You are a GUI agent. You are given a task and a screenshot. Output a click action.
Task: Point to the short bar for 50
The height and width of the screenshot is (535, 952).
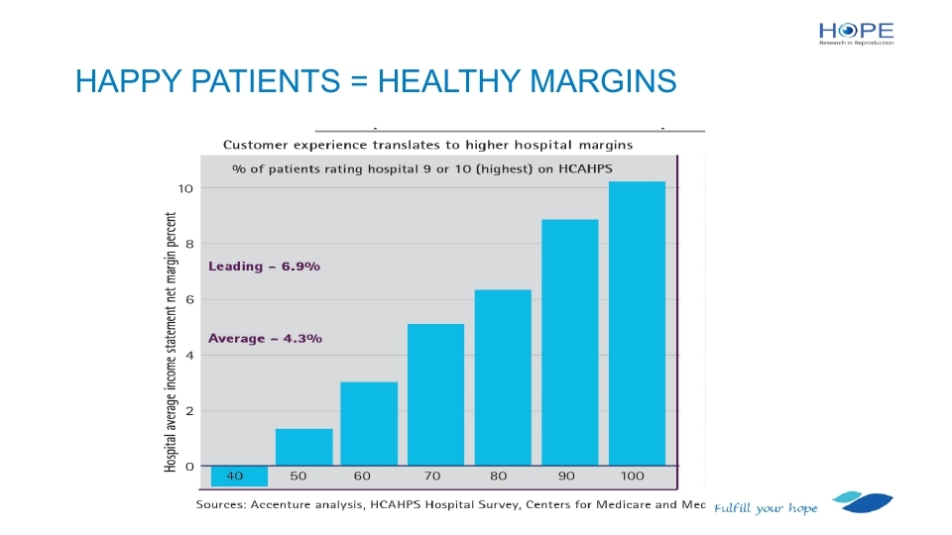(303, 447)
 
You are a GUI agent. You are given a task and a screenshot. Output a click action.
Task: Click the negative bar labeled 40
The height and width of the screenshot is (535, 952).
(239, 476)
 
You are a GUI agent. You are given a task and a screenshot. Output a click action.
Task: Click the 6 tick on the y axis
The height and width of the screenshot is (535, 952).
(187, 299)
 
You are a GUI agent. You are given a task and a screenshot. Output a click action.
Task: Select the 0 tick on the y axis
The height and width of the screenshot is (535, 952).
(187, 466)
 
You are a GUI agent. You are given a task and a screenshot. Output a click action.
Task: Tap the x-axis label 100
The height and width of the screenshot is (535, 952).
(632, 476)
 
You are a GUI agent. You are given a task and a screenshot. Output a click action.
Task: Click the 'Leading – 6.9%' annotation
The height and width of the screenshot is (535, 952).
(264, 267)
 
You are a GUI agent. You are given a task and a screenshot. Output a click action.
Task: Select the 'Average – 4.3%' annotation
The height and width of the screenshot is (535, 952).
(265, 339)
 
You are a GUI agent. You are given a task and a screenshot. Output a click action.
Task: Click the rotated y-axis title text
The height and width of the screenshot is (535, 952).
(172, 342)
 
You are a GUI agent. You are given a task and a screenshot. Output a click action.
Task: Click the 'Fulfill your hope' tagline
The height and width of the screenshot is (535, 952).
(766, 508)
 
